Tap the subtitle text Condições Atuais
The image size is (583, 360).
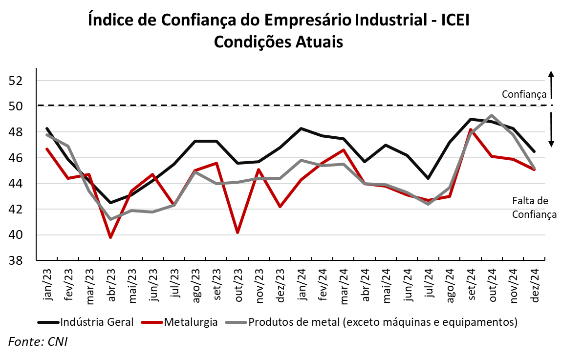279,42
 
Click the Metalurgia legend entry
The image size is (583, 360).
191,322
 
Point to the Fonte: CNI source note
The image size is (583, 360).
38,341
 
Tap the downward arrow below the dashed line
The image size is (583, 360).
551,130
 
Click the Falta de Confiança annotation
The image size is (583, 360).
534,207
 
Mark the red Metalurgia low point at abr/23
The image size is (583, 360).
111,237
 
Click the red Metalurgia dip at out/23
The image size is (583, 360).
238,233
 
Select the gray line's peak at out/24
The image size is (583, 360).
492,115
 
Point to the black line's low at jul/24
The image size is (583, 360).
428,178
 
